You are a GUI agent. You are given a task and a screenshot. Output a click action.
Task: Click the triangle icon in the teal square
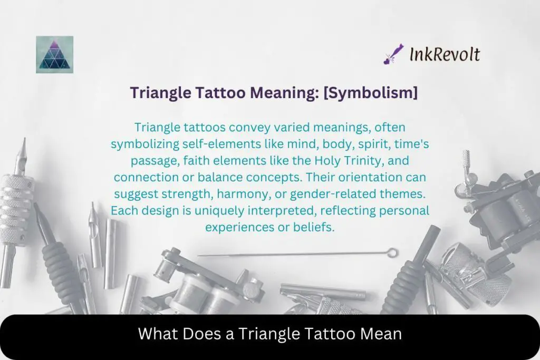[54, 55]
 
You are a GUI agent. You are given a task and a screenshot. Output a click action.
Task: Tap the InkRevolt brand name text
[445, 54]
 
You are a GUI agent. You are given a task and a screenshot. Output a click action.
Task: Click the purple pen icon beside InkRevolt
[393, 54]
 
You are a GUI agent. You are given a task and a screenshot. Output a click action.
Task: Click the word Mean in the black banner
[384, 334]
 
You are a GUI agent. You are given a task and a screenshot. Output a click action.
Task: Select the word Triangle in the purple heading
[154, 93]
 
